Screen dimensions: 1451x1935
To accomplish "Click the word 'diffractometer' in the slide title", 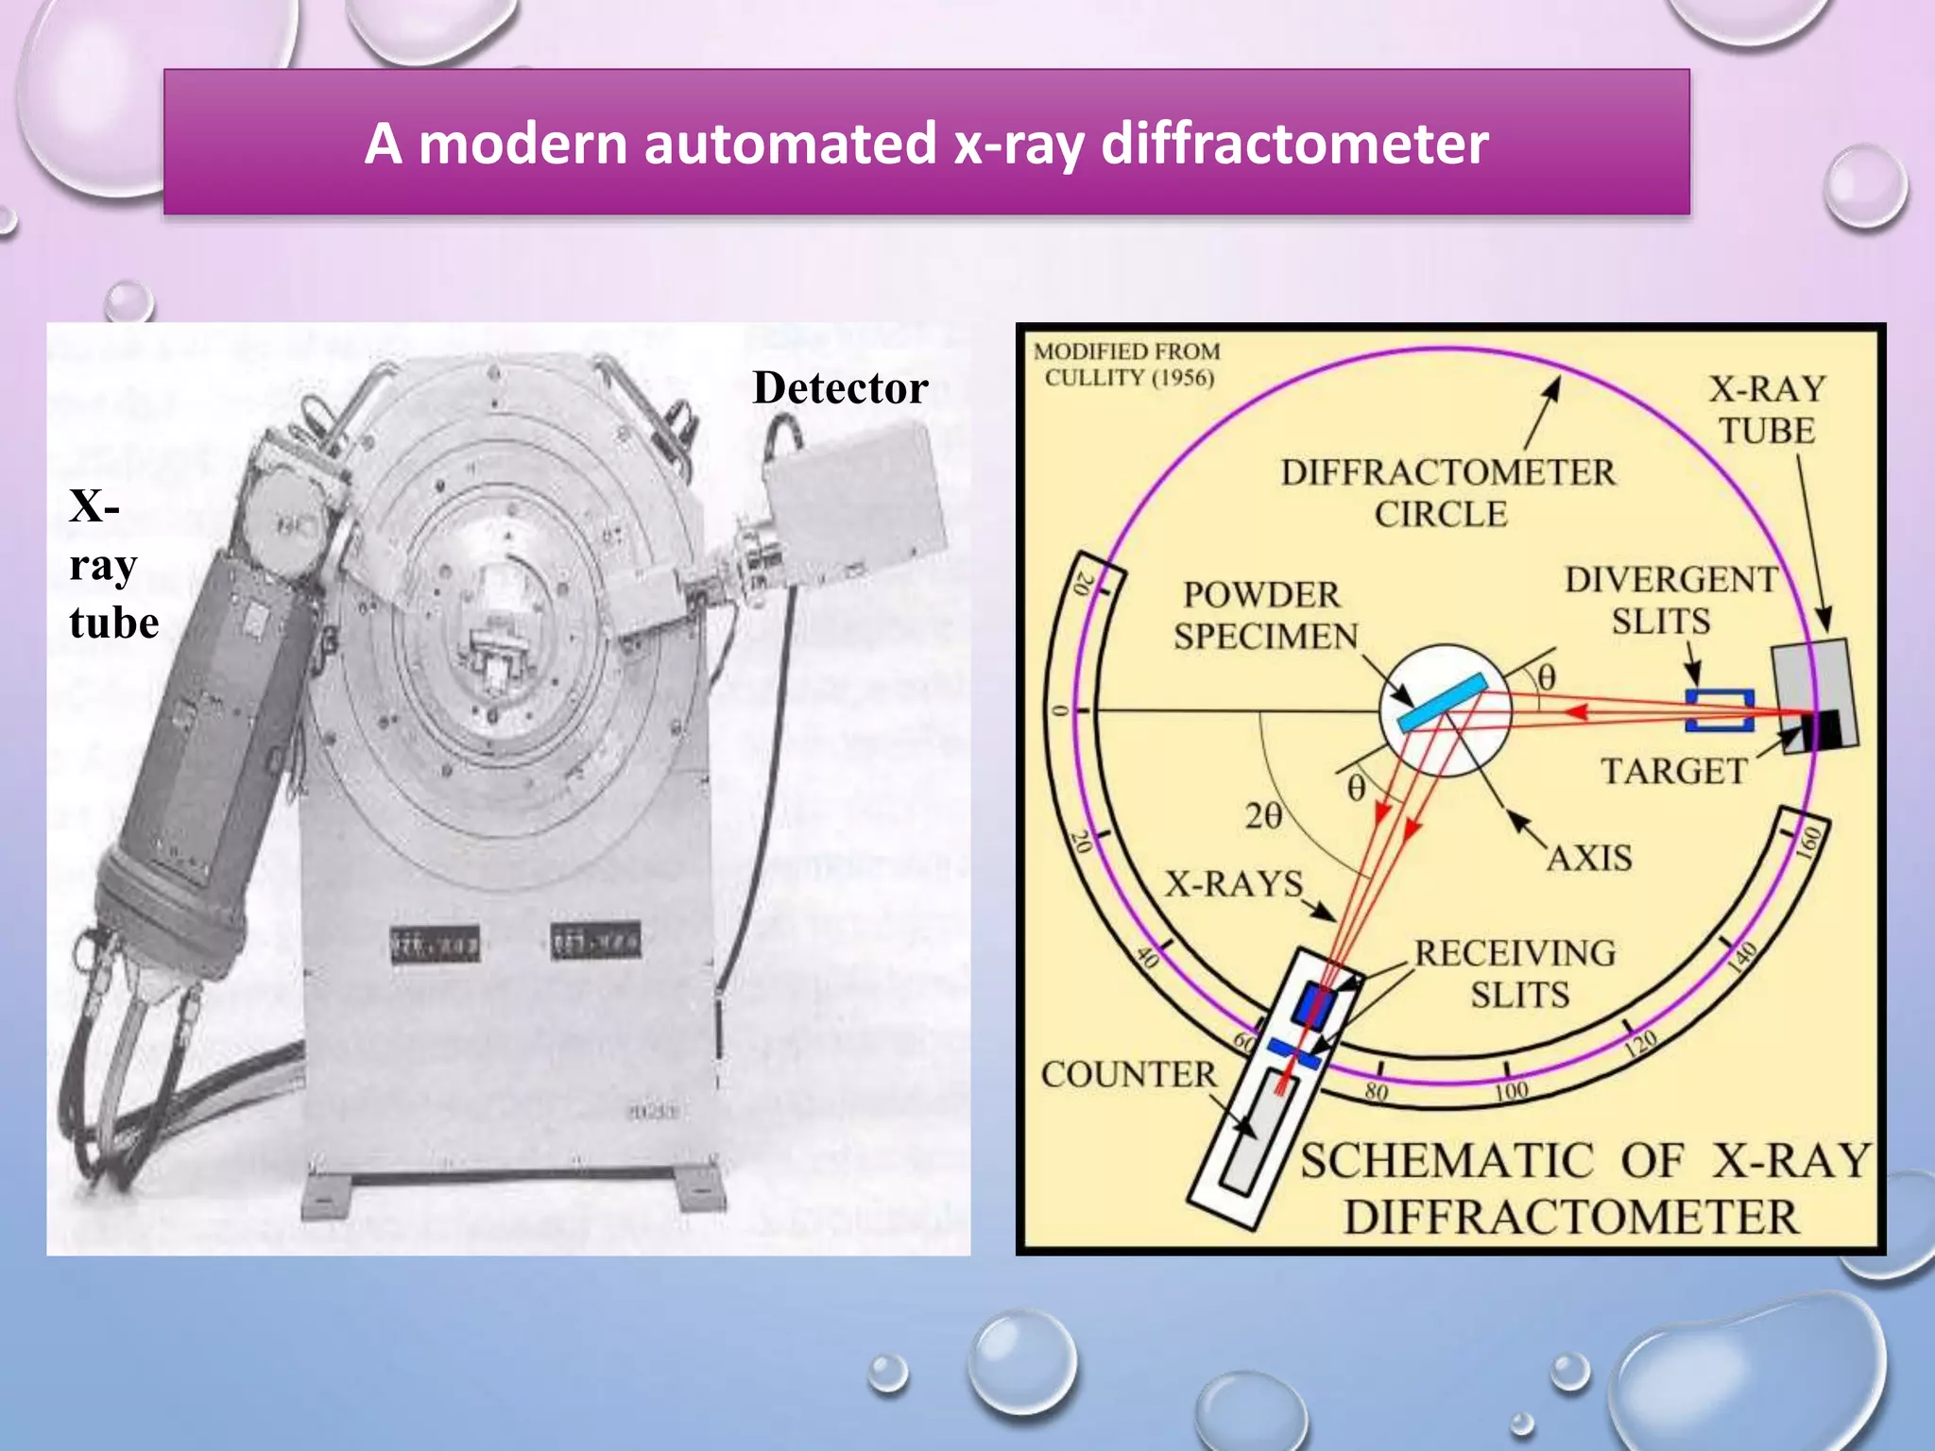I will (1294, 145).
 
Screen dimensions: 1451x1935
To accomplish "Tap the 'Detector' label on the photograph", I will (840, 388).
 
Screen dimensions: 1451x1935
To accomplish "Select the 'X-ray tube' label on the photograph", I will (112, 564).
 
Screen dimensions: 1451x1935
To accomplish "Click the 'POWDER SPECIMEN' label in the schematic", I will (1264, 616).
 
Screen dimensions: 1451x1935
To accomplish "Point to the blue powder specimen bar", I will (1442, 703).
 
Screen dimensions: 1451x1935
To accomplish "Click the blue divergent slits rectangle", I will (1720, 710).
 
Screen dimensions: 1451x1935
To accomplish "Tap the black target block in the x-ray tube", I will (1820, 730).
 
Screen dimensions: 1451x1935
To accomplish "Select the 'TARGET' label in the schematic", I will (1673, 772).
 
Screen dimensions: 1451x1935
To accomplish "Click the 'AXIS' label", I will (1589, 858).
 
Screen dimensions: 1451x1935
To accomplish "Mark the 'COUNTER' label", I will (1128, 1075).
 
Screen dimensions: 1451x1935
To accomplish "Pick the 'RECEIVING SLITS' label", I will (1515, 974).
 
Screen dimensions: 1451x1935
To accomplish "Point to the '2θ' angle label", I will (1263, 816).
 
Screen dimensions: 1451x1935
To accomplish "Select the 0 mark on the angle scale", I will (1061, 710).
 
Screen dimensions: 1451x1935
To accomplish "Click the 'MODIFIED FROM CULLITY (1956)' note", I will (1127, 365).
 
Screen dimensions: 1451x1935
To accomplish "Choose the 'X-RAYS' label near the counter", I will (1233, 884).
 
